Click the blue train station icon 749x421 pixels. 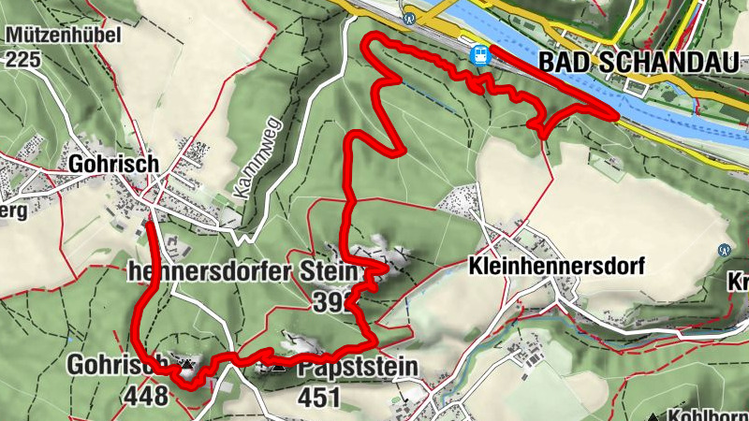pyautogui.click(x=480, y=55)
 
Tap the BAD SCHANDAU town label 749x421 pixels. pyautogui.click(x=643, y=63)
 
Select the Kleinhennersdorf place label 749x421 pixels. pyautogui.click(x=555, y=267)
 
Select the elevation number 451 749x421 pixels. pyautogui.click(x=318, y=398)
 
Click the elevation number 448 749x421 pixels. pyautogui.click(x=145, y=396)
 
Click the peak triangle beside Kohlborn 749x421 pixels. pyautogui.click(x=653, y=415)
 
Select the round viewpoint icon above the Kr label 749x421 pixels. pyautogui.click(x=724, y=251)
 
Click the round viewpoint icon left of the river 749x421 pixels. pyautogui.click(x=408, y=18)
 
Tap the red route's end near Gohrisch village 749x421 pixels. pyautogui.click(x=151, y=225)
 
